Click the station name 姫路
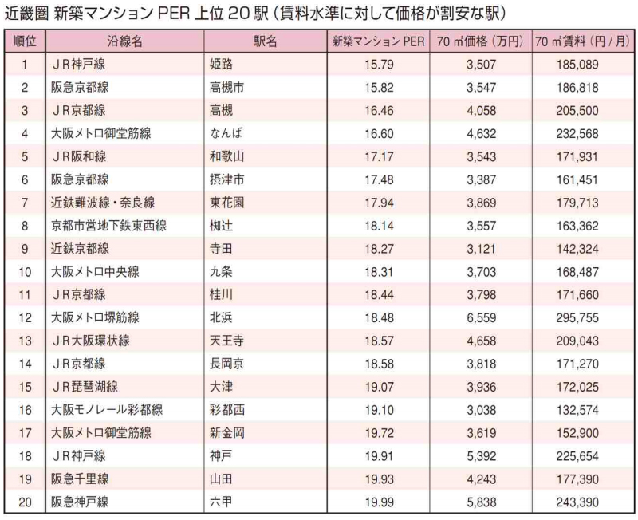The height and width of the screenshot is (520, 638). (x=223, y=63)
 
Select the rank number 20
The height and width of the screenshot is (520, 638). (x=26, y=502)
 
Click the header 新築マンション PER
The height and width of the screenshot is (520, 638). (x=379, y=41)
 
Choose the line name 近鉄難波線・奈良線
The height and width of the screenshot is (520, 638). (x=103, y=202)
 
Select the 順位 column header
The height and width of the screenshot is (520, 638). (x=25, y=41)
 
